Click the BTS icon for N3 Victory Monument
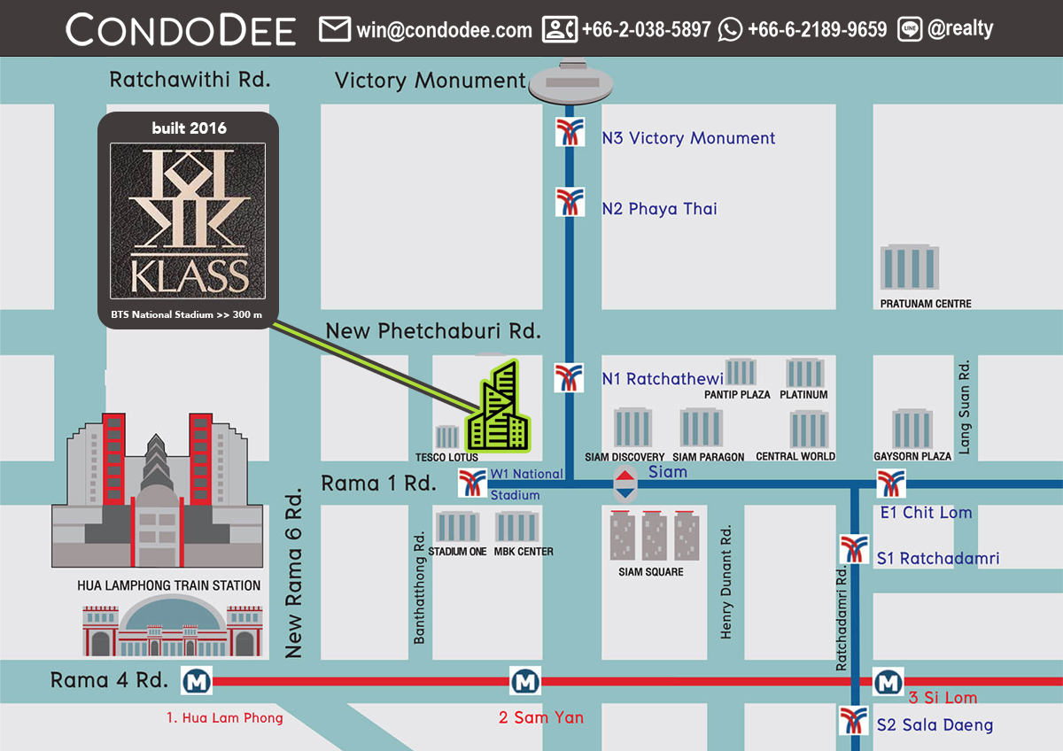[570, 131]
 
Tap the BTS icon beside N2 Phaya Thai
[570, 202]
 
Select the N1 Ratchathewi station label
[663, 379]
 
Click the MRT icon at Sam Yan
[524, 681]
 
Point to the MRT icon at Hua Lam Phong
[196, 681]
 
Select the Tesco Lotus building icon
[446, 437]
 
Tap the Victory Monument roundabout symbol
[570, 83]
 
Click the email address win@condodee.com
[444, 30]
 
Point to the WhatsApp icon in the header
[731, 30]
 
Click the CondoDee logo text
[181, 30]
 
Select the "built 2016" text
[188, 128]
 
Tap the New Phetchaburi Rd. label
[433, 331]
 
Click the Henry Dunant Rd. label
[726, 582]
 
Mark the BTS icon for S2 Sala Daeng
[853, 720]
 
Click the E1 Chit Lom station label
[926, 513]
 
